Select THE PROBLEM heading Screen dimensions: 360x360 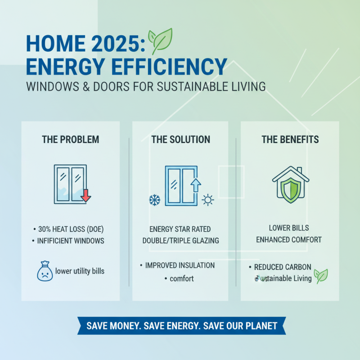point(71,139)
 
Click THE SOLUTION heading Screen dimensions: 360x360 point(180,139)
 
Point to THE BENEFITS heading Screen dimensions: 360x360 point(290,139)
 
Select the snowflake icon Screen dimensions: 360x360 point(154,199)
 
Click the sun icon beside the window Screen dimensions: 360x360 point(208,200)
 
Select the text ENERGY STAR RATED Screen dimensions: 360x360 point(180,228)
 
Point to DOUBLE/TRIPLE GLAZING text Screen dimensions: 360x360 point(180,241)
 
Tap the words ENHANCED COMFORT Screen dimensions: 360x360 point(289,240)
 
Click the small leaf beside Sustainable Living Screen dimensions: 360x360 point(320,275)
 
